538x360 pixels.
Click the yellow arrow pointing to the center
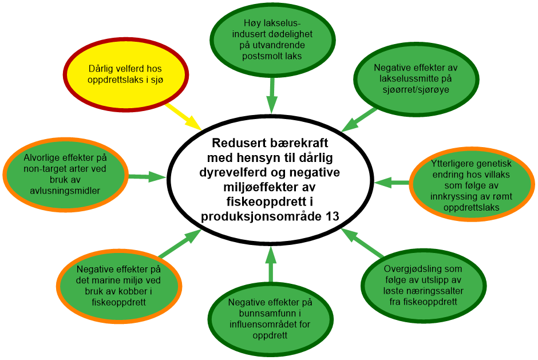coord(183,116)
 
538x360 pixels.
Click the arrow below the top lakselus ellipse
coord(272,94)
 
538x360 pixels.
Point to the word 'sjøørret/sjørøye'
coord(416,89)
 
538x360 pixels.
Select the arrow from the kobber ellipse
coord(180,243)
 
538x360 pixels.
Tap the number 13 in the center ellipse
coord(330,216)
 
